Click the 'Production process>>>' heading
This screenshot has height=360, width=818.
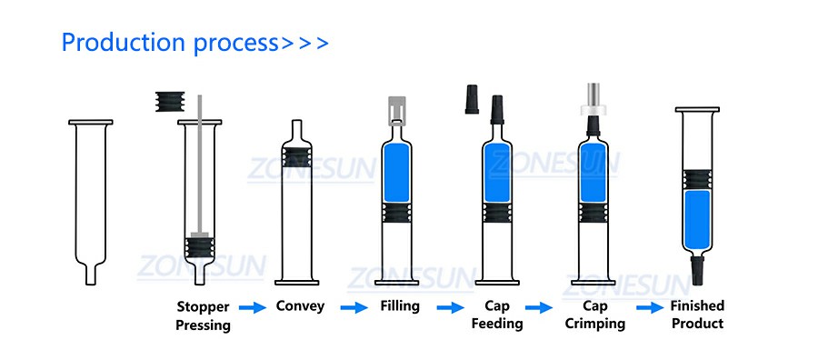click(195, 44)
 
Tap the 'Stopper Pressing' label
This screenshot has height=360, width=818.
click(203, 316)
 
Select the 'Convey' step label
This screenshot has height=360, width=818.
click(300, 306)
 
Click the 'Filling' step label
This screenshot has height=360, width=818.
click(400, 306)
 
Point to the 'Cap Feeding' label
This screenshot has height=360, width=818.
click(496, 315)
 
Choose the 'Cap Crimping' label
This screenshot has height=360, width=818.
click(594, 315)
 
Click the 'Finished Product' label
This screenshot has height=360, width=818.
click(697, 314)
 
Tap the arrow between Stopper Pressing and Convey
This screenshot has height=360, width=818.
click(253, 307)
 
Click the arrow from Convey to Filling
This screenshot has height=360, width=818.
click(354, 307)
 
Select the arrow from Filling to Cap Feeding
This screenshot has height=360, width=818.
click(450, 307)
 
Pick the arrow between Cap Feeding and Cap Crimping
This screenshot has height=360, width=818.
click(539, 307)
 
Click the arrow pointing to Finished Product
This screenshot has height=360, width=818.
click(650, 307)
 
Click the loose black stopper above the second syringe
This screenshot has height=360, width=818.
click(170, 102)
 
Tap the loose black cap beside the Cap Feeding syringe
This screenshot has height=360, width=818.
click(472, 99)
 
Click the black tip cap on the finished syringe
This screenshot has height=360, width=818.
click(697, 270)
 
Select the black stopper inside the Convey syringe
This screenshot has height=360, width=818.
click(297, 157)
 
